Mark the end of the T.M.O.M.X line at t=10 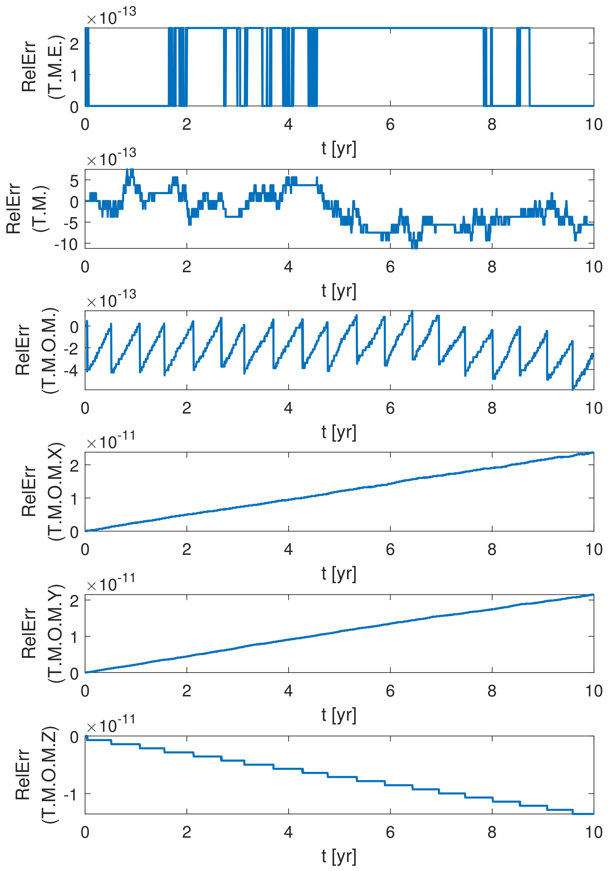(x=593, y=453)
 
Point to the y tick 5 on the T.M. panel (x=74, y=181)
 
